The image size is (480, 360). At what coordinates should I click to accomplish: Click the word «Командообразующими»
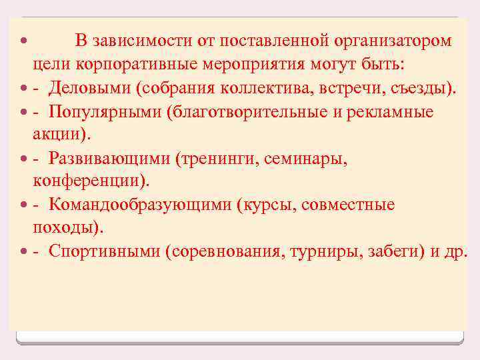pyautogui.click(x=138, y=204)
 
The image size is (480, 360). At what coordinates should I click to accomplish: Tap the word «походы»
pyautogui.click(x=65, y=227)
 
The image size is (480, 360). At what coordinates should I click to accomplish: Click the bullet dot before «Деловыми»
pyautogui.click(x=25, y=88)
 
